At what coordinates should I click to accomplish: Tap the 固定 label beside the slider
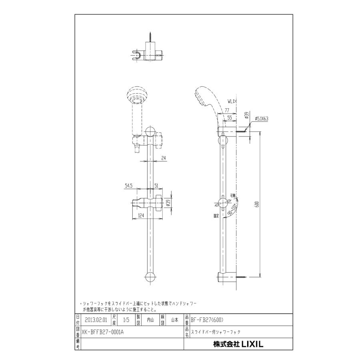click(216, 215)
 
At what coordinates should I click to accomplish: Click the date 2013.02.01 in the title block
click(97, 320)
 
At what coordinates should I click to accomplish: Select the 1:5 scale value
click(126, 320)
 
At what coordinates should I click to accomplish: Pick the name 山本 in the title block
click(175, 320)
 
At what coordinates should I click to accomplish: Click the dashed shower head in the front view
click(137, 96)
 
